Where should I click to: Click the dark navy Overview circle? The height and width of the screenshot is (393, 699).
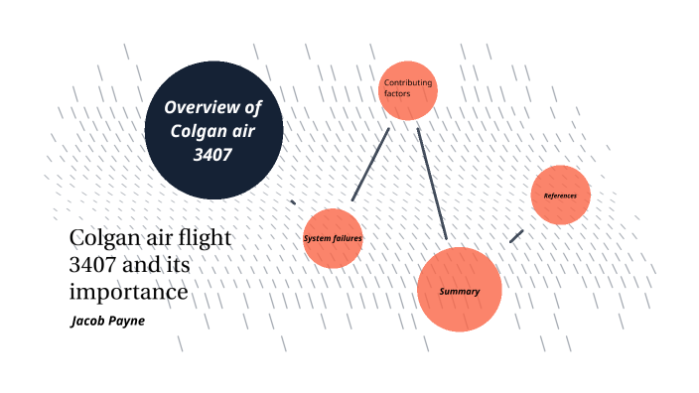click(x=213, y=130)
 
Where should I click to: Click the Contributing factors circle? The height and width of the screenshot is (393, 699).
click(x=408, y=90)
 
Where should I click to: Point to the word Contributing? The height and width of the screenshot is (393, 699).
click(x=408, y=82)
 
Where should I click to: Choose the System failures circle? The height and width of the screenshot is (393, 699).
click(x=333, y=238)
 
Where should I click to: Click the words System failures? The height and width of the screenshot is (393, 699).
click(x=333, y=239)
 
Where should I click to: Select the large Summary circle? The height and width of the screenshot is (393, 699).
click(x=460, y=291)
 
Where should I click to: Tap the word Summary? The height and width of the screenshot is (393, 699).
click(x=460, y=291)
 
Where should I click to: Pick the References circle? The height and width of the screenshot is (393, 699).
click(x=561, y=195)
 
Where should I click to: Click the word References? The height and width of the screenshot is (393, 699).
click(x=560, y=195)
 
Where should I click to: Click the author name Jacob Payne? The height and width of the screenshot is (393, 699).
click(x=108, y=322)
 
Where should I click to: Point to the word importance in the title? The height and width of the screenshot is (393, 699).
click(x=128, y=293)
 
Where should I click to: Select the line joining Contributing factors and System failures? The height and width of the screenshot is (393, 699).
click(x=370, y=165)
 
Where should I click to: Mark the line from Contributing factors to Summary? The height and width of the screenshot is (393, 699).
click(x=432, y=183)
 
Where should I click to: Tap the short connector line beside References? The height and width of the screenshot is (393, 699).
click(x=516, y=236)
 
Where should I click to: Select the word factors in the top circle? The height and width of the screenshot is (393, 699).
click(x=397, y=93)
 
